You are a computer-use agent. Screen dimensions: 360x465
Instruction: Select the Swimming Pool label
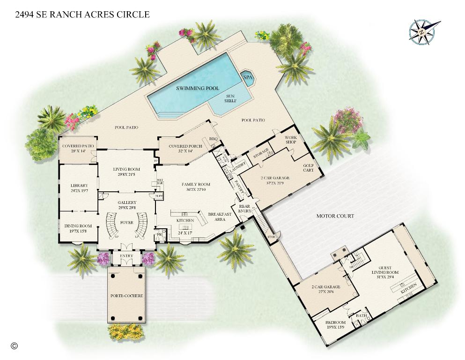tap(191, 88)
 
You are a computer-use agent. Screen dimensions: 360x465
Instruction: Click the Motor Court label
tap(335, 216)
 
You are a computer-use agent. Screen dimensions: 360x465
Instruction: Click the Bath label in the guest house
tap(361, 315)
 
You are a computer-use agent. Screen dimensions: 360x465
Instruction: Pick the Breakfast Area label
tap(220, 217)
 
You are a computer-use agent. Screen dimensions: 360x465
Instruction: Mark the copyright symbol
tap(14, 346)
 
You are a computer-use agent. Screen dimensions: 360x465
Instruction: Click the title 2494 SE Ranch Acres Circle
tap(82, 15)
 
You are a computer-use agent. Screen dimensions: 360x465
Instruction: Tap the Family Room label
tap(196, 185)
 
